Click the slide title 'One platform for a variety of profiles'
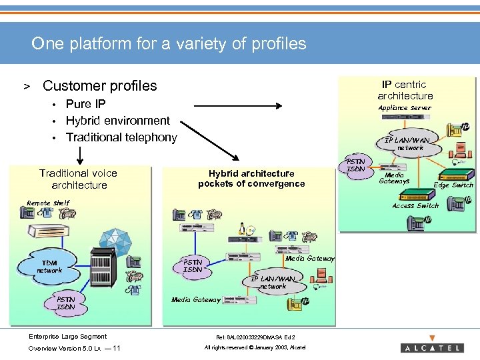tap(169, 44)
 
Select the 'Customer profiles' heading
tap(99, 85)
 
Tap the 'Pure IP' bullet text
tap(85, 103)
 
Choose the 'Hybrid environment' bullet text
tap(117, 121)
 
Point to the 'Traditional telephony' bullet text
tap(121, 137)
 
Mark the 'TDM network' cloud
tap(49, 267)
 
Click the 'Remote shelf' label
tap(48, 203)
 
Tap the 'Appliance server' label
tap(405, 108)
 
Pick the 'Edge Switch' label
tap(453, 185)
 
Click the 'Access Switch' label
tap(415, 206)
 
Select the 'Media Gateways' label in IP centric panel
tap(394, 178)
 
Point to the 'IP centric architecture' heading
tap(405, 90)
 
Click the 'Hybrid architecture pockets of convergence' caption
tap(251, 178)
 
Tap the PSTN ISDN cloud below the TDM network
tap(65, 303)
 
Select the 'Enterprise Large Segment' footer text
tap(67, 337)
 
